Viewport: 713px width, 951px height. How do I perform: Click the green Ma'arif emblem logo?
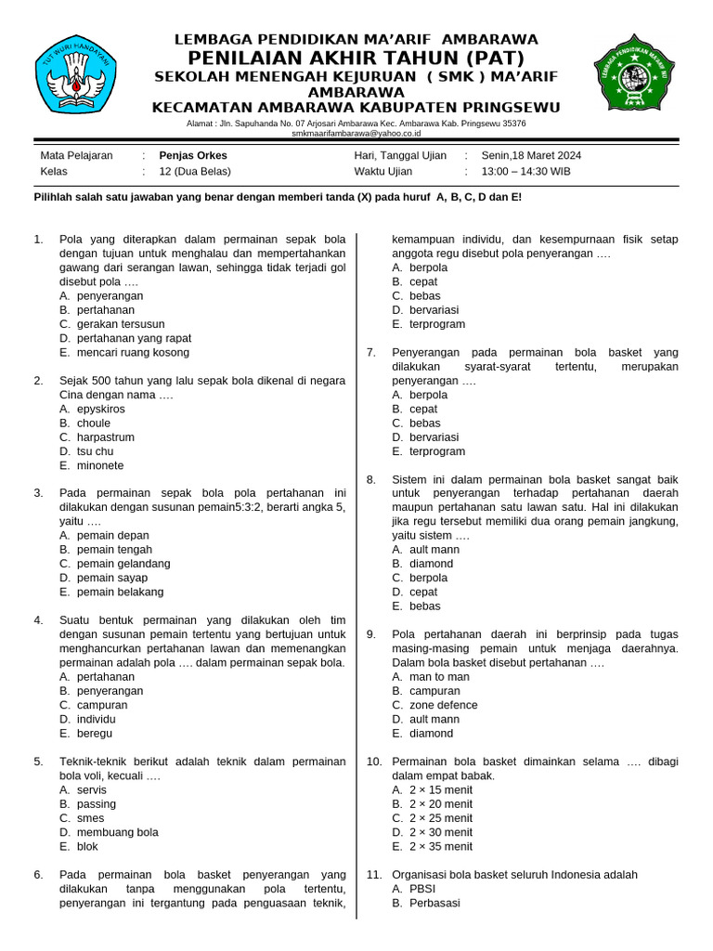tap(635, 77)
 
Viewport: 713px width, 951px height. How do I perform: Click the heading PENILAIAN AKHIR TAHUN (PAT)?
tap(356, 58)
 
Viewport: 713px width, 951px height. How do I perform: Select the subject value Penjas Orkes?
tap(193, 156)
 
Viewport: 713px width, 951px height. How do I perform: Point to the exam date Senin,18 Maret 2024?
tap(531, 156)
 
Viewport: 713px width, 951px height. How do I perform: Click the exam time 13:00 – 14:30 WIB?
tap(525, 172)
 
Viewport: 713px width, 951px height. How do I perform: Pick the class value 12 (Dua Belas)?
tap(195, 172)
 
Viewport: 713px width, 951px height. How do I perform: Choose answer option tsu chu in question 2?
tap(95, 451)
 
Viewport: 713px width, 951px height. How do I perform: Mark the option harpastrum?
tap(105, 437)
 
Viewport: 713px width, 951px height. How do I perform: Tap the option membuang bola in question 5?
tap(118, 832)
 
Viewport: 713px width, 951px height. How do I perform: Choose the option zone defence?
tap(444, 705)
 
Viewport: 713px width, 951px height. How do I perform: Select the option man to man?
tap(439, 677)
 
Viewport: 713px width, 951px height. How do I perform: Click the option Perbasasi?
tap(434, 903)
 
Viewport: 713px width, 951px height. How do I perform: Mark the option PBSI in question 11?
tap(422, 889)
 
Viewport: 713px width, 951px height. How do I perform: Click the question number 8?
tap(371, 480)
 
